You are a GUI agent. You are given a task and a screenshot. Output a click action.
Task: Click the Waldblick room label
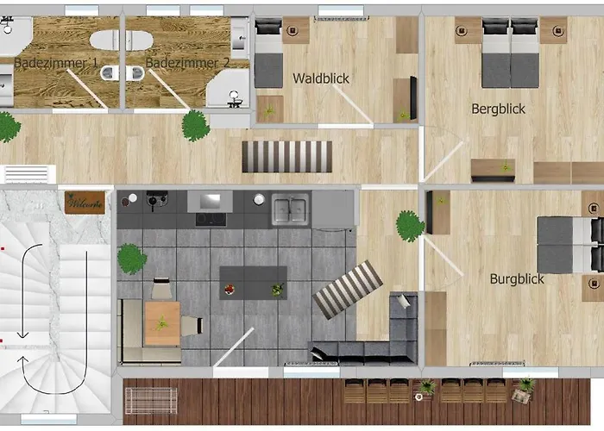point(321,78)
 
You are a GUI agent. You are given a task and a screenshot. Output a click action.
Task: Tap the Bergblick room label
point(498,109)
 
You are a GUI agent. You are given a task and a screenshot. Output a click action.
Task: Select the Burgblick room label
point(517,279)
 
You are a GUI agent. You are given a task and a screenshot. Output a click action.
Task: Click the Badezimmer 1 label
point(56,63)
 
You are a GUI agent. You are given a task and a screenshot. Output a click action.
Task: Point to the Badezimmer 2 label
point(187,63)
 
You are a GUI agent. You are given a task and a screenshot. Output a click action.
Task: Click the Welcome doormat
point(85,203)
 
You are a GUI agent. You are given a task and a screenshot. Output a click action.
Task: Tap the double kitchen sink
point(290,209)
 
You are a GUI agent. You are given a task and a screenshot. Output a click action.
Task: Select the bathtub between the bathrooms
point(122,40)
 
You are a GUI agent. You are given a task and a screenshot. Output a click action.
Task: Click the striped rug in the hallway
point(287,157)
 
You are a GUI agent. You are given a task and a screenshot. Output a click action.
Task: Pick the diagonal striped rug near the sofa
point(348,290)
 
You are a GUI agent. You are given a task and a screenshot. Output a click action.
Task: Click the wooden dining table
point(162,323)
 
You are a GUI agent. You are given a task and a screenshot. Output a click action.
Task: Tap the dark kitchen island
point(253,283)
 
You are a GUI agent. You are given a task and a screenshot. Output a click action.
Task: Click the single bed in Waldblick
point(268,53)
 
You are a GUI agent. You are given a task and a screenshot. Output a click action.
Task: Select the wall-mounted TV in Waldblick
point(413,97)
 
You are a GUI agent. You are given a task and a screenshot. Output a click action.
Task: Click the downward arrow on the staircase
point(25,291)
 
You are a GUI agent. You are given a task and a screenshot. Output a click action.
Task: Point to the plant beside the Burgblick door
point(410,226)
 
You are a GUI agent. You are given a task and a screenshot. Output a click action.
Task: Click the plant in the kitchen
point(132,259)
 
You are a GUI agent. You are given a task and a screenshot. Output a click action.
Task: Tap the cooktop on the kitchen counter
point(211,219)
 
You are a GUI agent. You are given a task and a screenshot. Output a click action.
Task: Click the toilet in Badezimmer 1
point(110,72)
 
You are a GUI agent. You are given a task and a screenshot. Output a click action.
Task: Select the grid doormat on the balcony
point(151,401)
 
